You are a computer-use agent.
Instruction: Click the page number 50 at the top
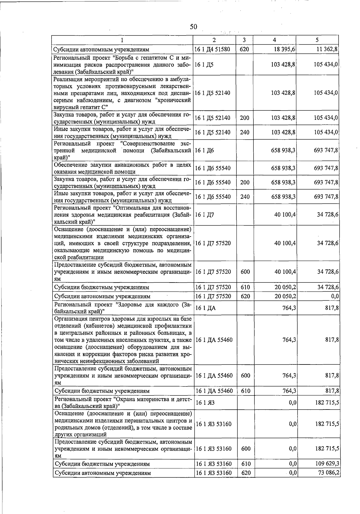(x=193, y=27)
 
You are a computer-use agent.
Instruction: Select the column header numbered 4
(x=274, y=40)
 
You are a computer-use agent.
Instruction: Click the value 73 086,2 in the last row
(x=328, y=473)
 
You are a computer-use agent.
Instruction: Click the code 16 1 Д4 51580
(x=213, y=49)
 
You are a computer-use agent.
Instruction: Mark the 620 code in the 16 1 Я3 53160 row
(x=245, y=473)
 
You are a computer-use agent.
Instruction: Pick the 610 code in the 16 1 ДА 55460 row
(x=245, y=391)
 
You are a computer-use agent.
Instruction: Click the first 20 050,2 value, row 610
(x=285, y=287)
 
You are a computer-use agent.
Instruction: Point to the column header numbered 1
(x=122, y=40)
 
